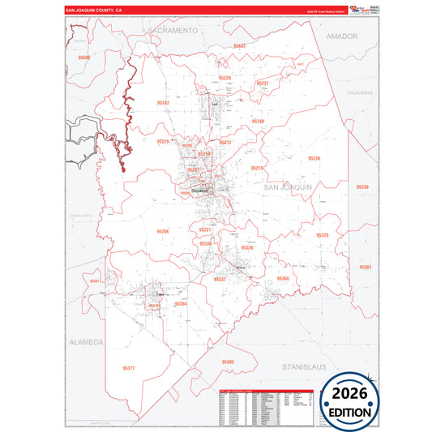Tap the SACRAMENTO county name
(x=173, y=30)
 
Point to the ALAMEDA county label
(x=86, y=342)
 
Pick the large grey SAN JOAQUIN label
(x=288, y=187)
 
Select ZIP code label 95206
(x=162, y=231)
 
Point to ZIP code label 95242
(x=164, y=103)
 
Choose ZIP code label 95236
(x=314, y=158)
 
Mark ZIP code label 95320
(x=323, y=235)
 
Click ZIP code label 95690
(x=85, y=59)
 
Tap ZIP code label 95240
(x=258, y=121)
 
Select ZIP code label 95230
(x=362, y=186)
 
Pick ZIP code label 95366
(x=282, y=278)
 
